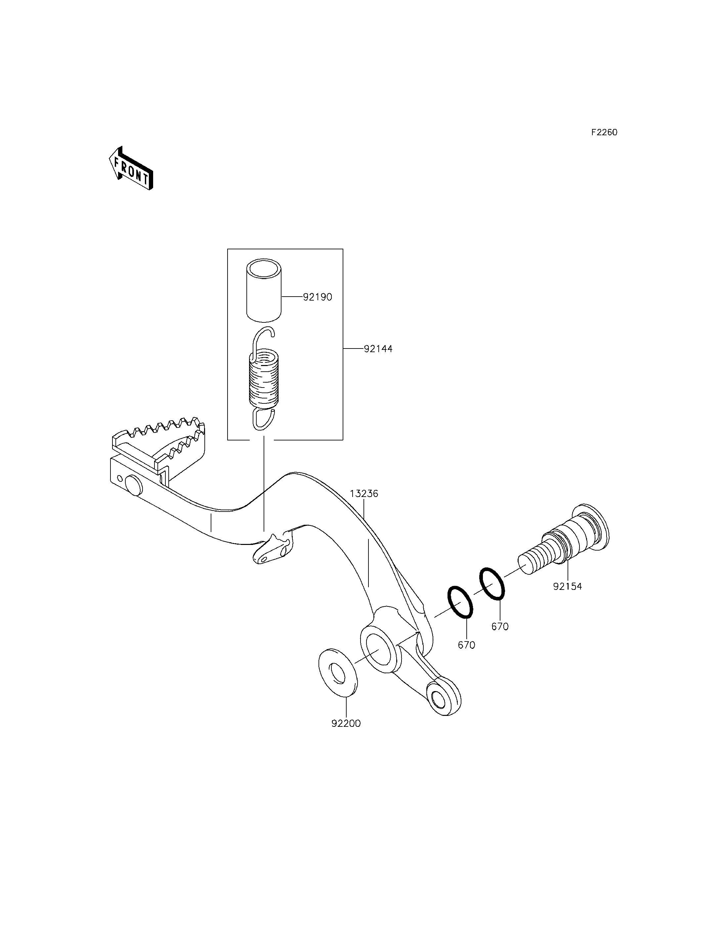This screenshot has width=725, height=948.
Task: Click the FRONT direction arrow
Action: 131,168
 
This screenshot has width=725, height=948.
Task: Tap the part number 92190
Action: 318,297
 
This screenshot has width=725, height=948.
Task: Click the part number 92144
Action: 378,349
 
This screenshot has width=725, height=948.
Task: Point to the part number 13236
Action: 364,494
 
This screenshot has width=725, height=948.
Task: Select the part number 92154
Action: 568,586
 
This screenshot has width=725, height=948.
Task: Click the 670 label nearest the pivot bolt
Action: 500,627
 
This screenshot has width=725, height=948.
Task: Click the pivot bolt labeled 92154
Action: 565,539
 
